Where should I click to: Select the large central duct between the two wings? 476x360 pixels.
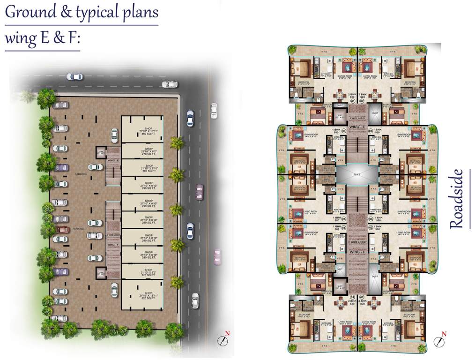click(357, 174)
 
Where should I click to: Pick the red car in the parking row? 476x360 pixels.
click(61, 230)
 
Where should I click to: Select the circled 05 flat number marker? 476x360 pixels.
click(343, 218)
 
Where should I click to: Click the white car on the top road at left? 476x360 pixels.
click(74, 77)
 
